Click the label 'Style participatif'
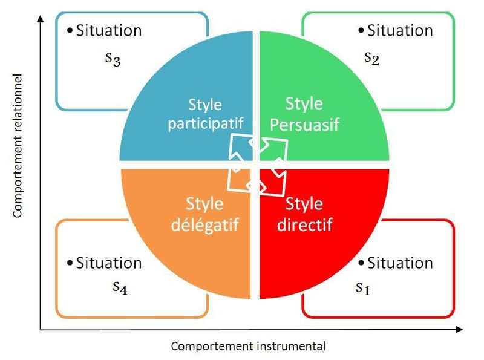coord(205,113)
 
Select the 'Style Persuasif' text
coord(304,114)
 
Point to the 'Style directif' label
coord(304,214)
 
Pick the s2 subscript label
coord(371,57)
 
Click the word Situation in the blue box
coord(109,30)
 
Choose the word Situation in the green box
coord(400,30)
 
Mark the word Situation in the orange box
coord(109,263)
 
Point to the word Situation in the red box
coord(400,263)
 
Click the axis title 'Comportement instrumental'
coord(248,346)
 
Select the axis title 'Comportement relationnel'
coord(18,145)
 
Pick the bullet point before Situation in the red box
coord(361,263)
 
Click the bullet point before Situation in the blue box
coord(70,30)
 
